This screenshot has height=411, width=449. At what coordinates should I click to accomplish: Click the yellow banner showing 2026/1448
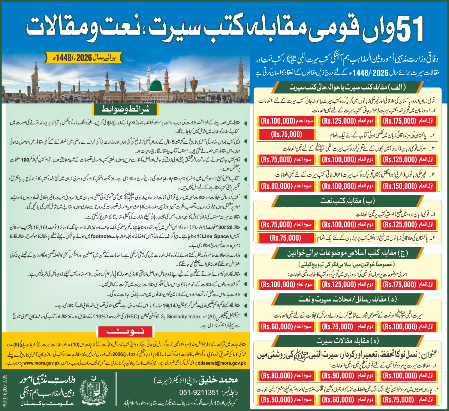point(84,58)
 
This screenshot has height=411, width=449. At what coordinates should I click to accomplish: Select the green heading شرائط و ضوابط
point(125,109)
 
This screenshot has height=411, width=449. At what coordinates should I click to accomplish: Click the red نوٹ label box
point(125,332)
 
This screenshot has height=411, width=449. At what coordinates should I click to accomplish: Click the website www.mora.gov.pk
point(42,363)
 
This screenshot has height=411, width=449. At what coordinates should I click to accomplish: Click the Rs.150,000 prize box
point(408,186)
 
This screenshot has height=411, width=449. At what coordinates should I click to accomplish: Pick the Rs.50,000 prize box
point(286,399)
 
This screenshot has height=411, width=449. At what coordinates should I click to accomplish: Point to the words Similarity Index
point(184,316)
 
